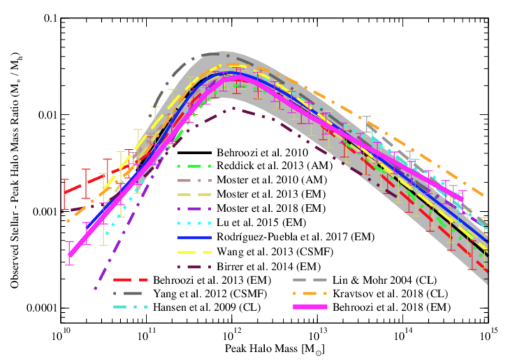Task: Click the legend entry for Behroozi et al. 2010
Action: click(x=257, y=153)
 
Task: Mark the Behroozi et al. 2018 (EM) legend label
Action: click(x=392, y=307)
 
